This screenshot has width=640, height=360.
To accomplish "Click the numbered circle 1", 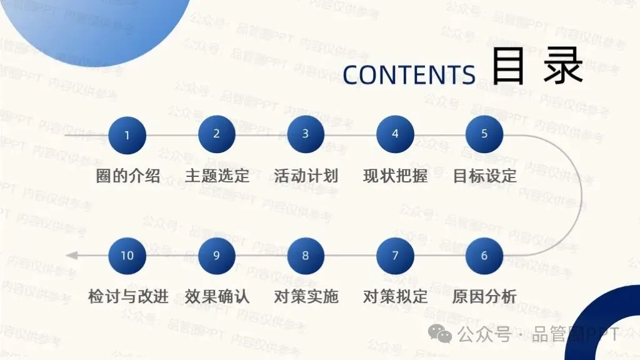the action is click(127, 135).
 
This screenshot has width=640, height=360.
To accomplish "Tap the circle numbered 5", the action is click(484, 134).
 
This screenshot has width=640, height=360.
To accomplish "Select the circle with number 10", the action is click(127, 256).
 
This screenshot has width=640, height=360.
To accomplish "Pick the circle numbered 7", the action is click(395, 256).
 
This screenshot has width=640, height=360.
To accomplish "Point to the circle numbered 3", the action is click(306, 134).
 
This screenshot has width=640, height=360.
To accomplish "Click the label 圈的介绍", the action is click(128, 176).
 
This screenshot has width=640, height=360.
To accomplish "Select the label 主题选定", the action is click(217, 176).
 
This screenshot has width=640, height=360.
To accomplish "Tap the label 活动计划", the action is click(306, 176).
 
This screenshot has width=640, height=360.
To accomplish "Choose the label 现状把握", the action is click(395, 176).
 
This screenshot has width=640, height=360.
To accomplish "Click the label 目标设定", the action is click(485, 176).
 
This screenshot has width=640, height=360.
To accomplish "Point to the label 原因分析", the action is click(485, 296).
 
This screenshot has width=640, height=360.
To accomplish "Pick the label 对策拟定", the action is click(395, 296).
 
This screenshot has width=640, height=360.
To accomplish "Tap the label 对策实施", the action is click(306, 296).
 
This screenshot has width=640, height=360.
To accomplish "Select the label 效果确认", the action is click(217, 296).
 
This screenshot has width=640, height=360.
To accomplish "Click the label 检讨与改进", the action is click(128, 296).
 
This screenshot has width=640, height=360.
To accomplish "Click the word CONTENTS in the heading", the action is click(409, 74).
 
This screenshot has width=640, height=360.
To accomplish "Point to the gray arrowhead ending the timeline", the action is click(71, 255).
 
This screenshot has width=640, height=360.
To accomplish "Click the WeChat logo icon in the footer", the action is click(444, 335).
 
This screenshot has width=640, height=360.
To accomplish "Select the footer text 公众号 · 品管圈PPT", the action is click(537, 335).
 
